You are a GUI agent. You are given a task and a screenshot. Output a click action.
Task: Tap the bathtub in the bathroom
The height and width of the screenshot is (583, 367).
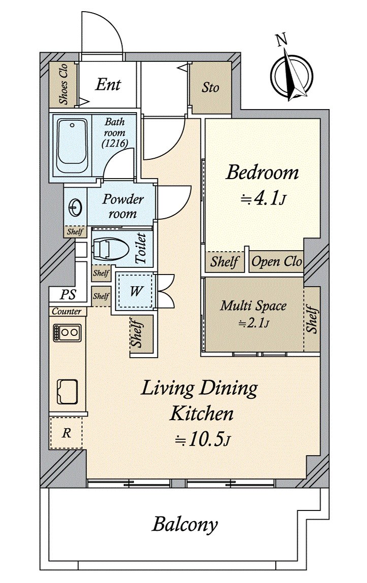tap(72, 145)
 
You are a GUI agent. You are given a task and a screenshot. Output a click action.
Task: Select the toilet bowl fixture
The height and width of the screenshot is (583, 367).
tap(107, 249)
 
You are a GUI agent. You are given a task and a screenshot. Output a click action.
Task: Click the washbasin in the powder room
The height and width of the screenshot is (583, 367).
tap(75, 207)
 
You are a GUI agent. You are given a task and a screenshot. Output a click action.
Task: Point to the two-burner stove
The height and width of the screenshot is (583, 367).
tap(66, 333)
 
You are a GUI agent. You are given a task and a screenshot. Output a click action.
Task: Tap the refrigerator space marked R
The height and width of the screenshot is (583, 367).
tap(66, 433)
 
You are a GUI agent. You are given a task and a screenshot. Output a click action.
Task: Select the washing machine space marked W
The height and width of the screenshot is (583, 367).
tap(136, 292)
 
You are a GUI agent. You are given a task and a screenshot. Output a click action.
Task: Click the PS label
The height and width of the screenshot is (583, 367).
tap(66, 295)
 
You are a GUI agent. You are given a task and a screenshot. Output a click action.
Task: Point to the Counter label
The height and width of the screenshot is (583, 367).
tap(66, 311)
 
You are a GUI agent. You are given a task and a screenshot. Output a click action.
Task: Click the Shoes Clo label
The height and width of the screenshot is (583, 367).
tap(64, 85)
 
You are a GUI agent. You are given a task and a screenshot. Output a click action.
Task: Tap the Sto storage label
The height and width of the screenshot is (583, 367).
tap(210, 87)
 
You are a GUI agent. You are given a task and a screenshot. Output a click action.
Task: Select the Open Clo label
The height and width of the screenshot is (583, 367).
tap(277, 262)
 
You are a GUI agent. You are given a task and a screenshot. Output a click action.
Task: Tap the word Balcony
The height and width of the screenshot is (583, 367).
tap(185, 524)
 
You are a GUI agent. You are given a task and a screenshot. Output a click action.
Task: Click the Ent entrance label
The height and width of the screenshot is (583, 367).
tap(108, 84)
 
